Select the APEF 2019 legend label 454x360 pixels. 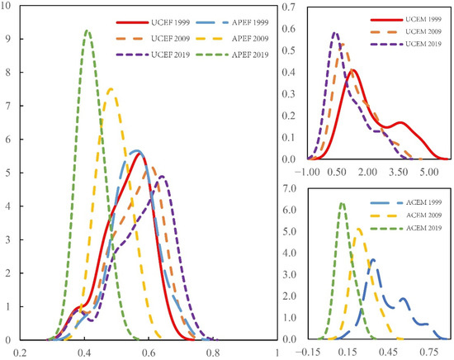coord(244,55)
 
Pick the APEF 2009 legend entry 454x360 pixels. coord(244,40)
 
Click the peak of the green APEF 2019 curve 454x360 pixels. coord(87,31)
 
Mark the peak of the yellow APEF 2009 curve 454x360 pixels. coord(111,89)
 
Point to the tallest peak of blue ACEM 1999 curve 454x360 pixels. coord(373,260)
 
